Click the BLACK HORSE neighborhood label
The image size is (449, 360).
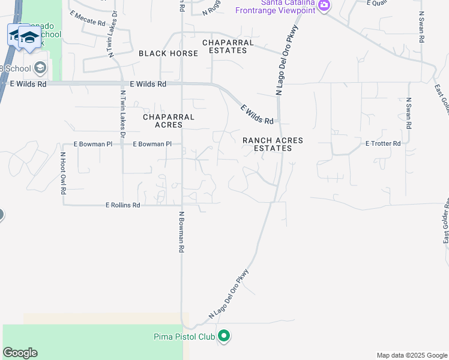[x=168, y=53]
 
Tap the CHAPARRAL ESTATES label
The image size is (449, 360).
[x=224, y=46]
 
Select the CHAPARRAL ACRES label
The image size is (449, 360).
[x=169, y=121]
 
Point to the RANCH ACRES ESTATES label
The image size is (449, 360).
[x=273, y=144]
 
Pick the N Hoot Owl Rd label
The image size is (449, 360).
[x=62, y=173]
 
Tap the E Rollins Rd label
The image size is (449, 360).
[x=122, y=205]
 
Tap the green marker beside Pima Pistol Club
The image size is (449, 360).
[x=224, y=336]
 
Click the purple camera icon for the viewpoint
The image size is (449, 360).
[x=324, y=5]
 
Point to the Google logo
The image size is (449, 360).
[x=20, y=353]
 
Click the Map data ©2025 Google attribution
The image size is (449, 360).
[x=411, y=355]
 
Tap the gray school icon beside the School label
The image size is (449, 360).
[x=40, y=67]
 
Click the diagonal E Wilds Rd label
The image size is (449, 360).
[x=257, y=115]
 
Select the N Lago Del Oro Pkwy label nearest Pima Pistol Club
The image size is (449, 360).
[x=229, y=294]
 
